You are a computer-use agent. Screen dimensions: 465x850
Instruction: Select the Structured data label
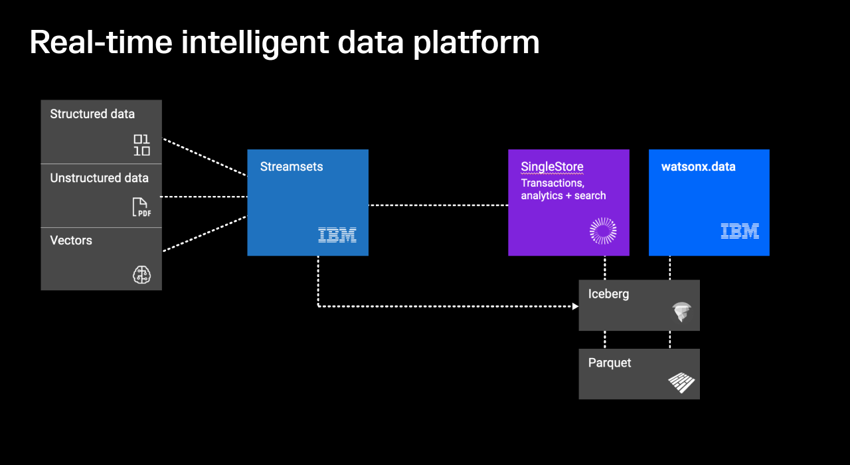[92, 114]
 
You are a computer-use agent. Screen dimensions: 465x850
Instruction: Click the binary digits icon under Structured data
[141, 145]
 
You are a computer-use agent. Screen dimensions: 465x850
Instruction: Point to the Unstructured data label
[99, 178]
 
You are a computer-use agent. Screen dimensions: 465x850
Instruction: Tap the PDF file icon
[141, 207]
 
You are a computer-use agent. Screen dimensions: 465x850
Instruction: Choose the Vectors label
[71, 240]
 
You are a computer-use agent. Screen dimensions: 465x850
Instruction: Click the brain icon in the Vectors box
[141, 274]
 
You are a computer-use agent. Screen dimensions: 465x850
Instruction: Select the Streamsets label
[292, 167]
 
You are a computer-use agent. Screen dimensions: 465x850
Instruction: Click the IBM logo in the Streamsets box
[337, 234]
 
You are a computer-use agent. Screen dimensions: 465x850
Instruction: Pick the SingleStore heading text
[552, 167]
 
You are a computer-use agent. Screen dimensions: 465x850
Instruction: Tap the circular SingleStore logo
[603, 231]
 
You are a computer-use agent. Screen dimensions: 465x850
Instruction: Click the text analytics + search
[563, 196]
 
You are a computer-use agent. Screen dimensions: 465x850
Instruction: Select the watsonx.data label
[698, 167]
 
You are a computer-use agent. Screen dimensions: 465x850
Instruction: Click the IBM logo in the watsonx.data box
[740, 231]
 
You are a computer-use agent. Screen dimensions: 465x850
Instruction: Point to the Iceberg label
[608, 294]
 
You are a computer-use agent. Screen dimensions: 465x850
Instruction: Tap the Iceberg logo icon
[681, 312]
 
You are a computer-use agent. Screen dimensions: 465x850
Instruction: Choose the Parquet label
[610, 363]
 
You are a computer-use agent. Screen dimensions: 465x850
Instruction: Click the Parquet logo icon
[681, 383]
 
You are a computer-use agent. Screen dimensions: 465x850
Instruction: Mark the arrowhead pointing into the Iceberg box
[575, 306]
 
